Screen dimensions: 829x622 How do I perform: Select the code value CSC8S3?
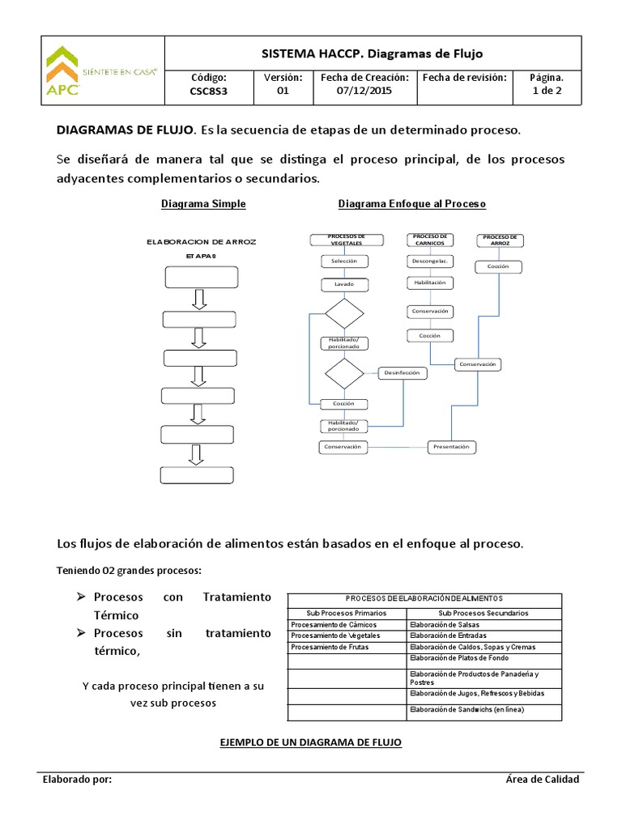[208, 91]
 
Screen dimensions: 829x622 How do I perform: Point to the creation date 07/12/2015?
[363, 91]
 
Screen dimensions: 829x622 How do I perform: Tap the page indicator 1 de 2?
[546, 91]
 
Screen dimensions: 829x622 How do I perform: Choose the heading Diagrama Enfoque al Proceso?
[411, 204]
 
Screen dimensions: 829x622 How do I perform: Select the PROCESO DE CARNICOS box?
[429, 240]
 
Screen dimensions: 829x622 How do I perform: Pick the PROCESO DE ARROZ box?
[498, 240]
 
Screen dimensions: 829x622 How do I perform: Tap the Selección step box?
[344, 261]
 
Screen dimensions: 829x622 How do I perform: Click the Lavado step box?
[344, 285]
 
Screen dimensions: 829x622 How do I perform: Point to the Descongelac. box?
[429, 261]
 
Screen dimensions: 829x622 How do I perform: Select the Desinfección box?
[401, 372]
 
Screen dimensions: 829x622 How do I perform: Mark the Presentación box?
[452, 447]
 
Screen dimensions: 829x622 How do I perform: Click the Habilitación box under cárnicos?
[429, 283]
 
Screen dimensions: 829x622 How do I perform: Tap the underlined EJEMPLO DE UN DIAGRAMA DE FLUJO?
[311, 742]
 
